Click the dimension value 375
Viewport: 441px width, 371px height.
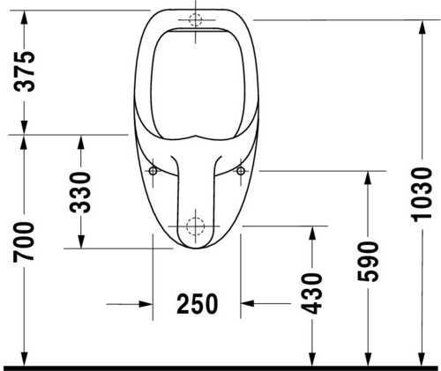(25, 71)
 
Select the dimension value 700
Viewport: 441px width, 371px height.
(24, 242)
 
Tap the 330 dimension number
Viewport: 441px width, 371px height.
(80, 192)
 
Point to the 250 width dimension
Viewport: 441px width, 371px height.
(198, 304)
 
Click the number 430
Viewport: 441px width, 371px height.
(312, 293)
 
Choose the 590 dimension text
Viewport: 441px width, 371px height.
(368, 262)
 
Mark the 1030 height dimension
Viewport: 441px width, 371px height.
(422, 195)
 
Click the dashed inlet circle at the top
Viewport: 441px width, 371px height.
(196, 19)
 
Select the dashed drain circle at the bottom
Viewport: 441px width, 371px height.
(195, 226)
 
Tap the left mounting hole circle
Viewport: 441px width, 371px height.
(153, 171)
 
